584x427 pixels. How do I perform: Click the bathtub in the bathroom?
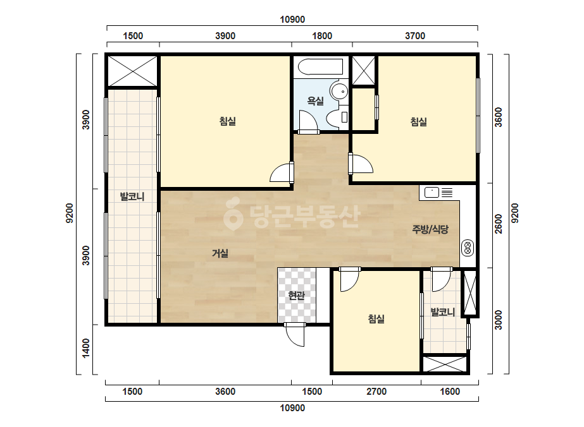point(321,66)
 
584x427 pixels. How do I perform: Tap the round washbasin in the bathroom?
point(339,91)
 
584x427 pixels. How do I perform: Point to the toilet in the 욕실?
point(337,117)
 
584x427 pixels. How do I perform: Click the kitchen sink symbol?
point(432,192)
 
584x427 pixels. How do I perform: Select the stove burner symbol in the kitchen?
point(468,248)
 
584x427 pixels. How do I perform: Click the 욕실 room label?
point(315,101)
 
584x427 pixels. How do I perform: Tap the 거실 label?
point(220,253)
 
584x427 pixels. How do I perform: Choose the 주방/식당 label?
point(430,229)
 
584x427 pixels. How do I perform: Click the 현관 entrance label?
point(297,296)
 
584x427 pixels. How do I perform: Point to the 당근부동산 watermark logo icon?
point(233,213)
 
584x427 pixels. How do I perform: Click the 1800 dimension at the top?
point(322,36)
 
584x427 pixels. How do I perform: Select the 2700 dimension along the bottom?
point(376,391)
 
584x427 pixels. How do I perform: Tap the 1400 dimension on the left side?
point(86,348)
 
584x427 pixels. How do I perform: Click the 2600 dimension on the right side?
point(499,224)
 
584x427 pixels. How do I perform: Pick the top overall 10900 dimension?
point(292,20)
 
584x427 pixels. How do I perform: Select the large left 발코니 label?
point(132,196)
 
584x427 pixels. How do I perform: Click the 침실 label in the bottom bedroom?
point(376,319)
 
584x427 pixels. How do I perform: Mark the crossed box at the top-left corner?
point(133,71)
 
